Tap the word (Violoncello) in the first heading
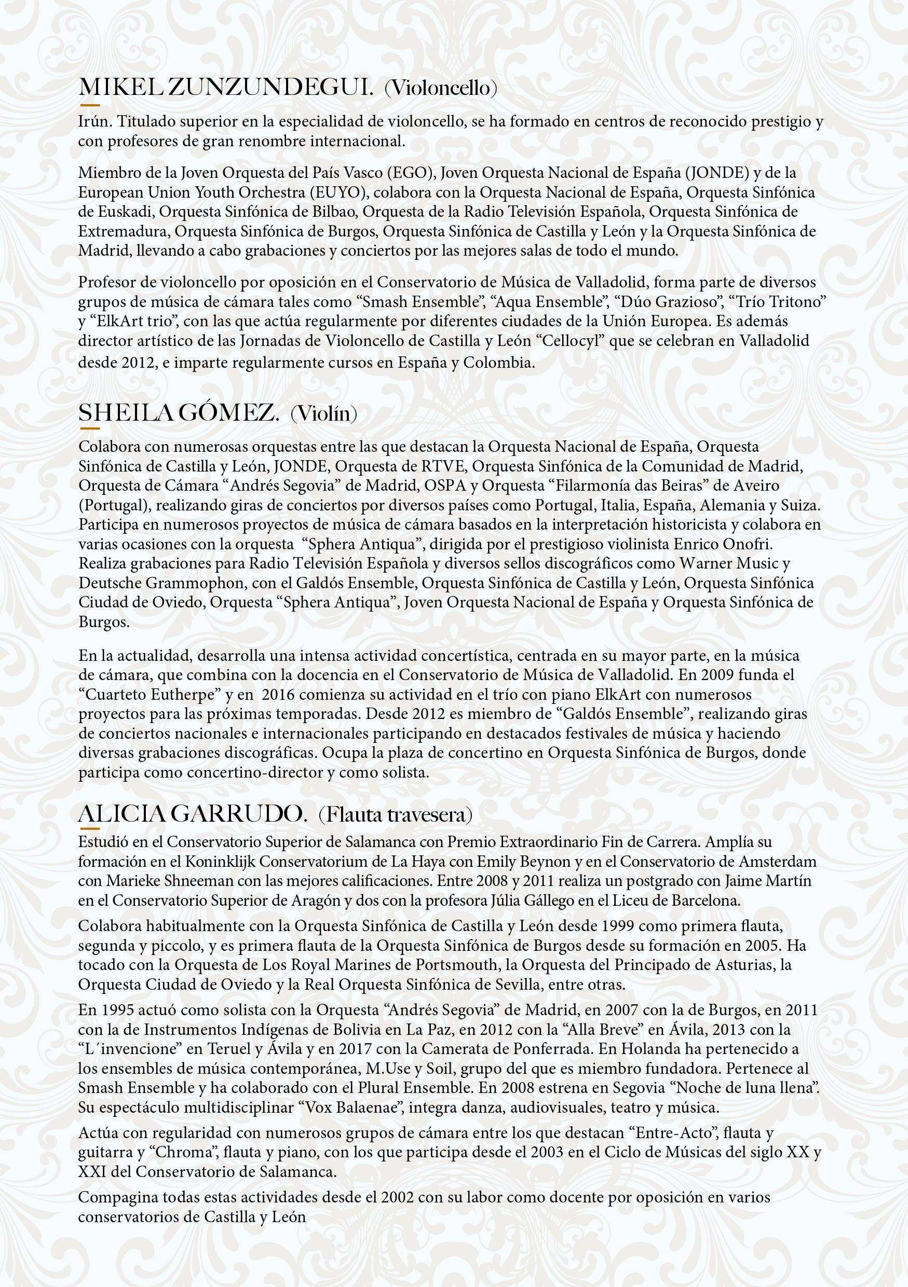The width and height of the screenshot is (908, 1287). point(441,89)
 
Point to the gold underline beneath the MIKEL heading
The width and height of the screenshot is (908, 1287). point(89,105)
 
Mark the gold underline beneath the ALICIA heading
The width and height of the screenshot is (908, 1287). point(89,827)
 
